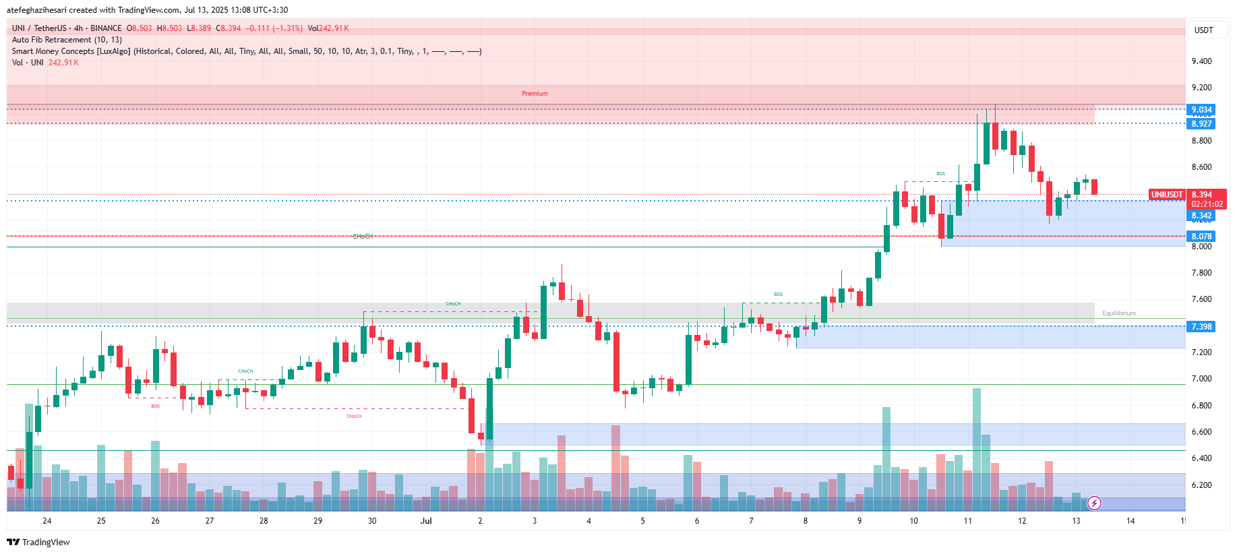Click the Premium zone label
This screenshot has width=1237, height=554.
click(x=535, y=94)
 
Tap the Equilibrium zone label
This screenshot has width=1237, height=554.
click(x=1118, y=313)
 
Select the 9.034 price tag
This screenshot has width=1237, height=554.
click(x=1201, y=110)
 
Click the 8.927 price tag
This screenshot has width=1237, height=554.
click(x=1201, y=124)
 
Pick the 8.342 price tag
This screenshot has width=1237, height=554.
click(x=1201, y=216)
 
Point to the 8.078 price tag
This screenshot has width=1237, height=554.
click(x=1201, y=237)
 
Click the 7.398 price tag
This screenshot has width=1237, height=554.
click(x=1201, y=327)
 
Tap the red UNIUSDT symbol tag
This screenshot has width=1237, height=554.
click(x=1166, y=195)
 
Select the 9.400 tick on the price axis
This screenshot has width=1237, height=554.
click(x=1201, y=61)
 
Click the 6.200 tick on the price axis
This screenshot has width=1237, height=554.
click(x=1201, y=485)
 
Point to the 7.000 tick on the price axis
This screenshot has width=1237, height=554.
click(x=1201, y=379)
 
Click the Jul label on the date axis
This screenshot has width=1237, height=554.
click(x=426, y=521)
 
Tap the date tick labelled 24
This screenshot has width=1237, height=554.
click(x=47, y=521)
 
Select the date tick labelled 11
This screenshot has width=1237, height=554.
click(x=968, y=521)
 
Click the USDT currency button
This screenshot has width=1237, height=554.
click(x=1203, y=30)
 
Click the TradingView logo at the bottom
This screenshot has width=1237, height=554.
click(x=38, y=542)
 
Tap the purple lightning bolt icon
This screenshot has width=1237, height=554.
click(x=1095, y=503)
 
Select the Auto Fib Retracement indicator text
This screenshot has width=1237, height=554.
click(x=67, y=40)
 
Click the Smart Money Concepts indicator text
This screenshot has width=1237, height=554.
click(x=246, y=51)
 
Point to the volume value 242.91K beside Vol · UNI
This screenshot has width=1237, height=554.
click(x=63, y=63)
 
